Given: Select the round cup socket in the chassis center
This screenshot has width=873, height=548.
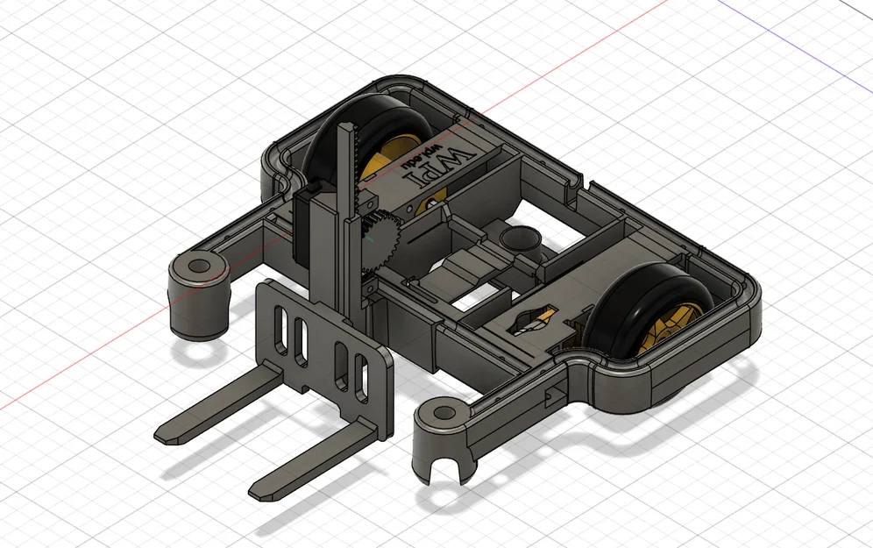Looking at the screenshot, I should (521, 238).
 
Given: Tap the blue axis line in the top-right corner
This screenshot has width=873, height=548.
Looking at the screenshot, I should (789, 26).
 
